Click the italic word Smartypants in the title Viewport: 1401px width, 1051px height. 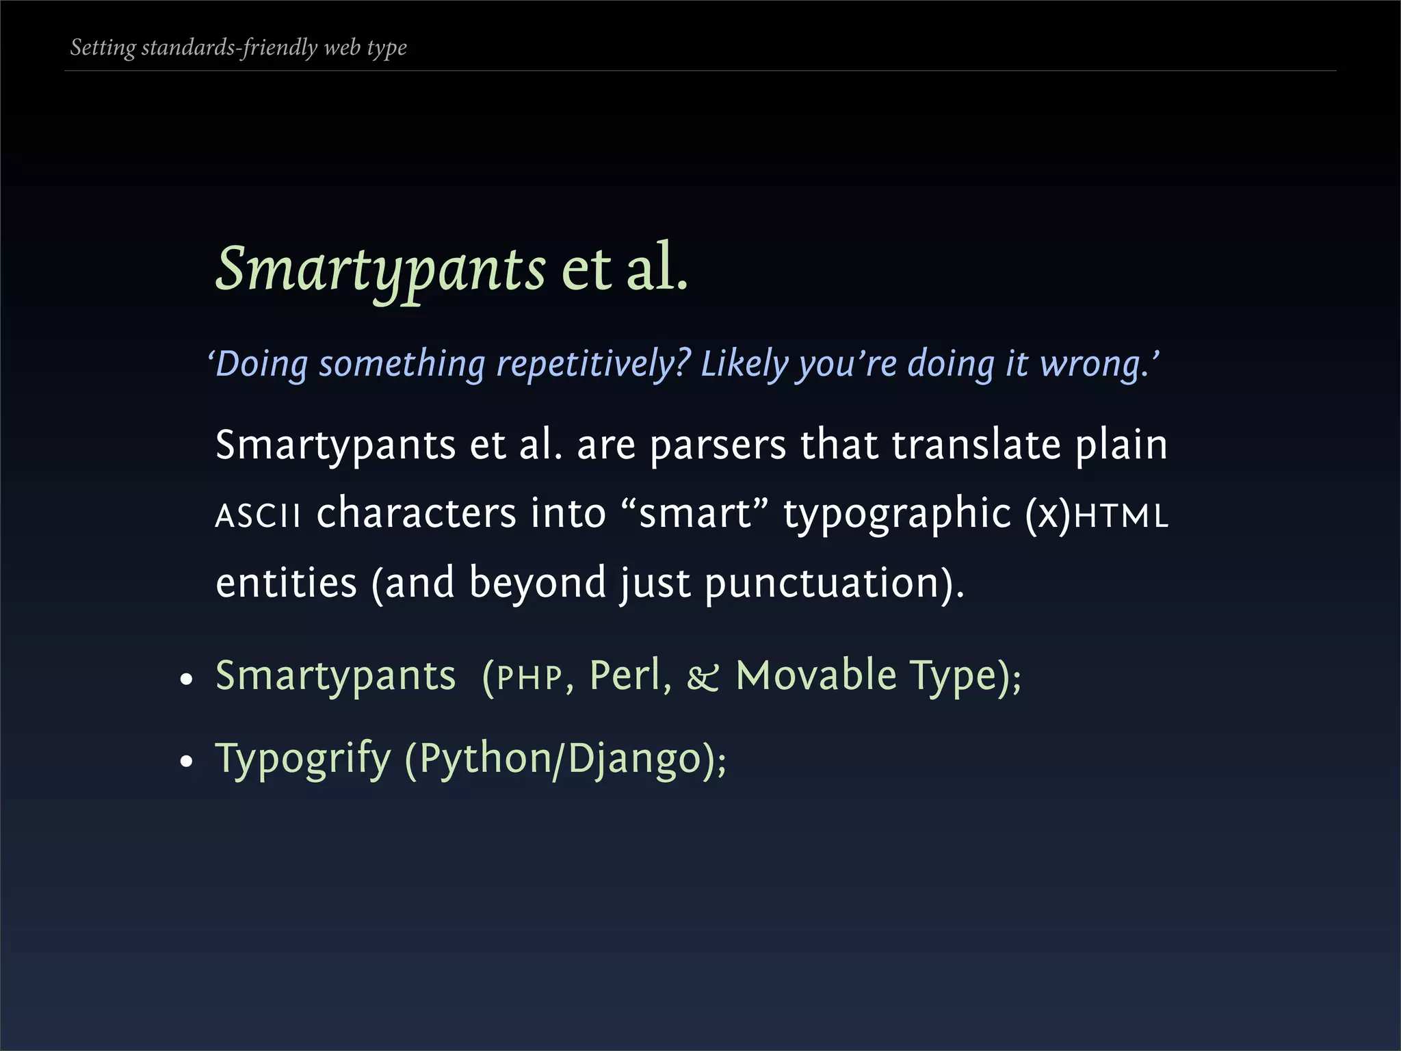380,269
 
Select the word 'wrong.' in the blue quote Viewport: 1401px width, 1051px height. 1095,363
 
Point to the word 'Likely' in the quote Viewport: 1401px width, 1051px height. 744,363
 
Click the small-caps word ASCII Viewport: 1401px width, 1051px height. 258,515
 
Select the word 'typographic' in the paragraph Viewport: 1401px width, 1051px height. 897,515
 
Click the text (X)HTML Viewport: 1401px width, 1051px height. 1097,515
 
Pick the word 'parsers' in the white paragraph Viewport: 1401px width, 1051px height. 718,445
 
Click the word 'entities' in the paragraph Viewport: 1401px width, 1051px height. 286,583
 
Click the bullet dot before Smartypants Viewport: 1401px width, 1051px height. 186,680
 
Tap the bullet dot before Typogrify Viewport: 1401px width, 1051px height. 186,762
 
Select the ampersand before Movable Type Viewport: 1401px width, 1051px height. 703,677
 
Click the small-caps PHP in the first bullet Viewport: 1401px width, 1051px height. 529,677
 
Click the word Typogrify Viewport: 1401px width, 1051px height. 302,759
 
